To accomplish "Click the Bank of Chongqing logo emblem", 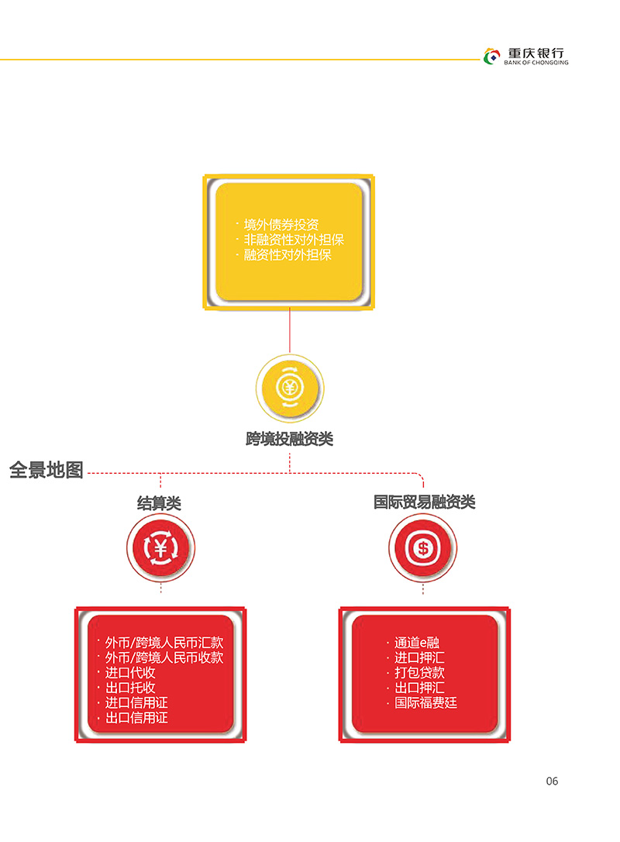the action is [491, 56].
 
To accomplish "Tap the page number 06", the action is [552, 782].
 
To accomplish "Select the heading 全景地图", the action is [46, 470].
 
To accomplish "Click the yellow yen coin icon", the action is [290, 388].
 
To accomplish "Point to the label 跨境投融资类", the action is [290, 439].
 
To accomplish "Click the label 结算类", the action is [160, 503].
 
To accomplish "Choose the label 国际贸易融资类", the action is [425, 502].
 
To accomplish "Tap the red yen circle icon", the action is [160, 547].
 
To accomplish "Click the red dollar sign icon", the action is [423, 547].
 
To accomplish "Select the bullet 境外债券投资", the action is [281, 225].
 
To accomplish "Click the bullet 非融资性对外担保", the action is [294, 240].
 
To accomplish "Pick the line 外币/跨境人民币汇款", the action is [164, 643].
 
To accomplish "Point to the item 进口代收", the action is [130, 673].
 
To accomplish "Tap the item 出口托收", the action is [130, 688].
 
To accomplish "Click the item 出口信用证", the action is [136, 718].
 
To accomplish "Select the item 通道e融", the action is [417, 643].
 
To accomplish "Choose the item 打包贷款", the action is [419, 673].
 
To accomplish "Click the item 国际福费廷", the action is [425, 703].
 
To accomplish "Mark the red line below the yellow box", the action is [290, 330].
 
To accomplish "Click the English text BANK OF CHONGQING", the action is [536, 63].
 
